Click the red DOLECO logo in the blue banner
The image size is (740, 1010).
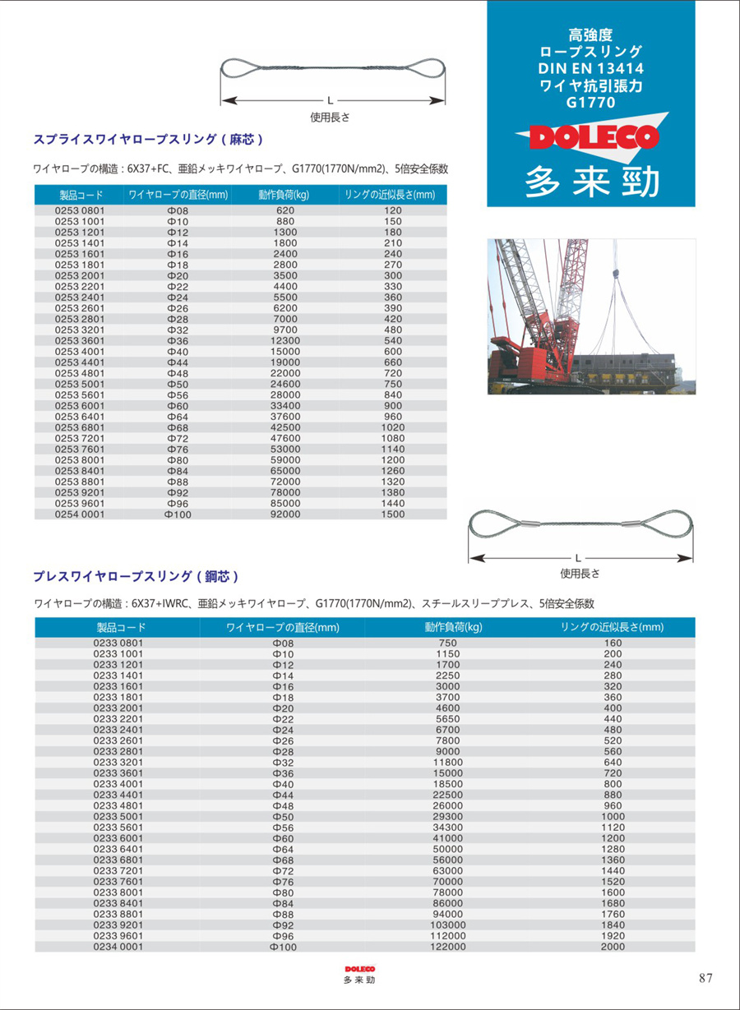coord(589,137)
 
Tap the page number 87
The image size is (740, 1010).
coord(705,978)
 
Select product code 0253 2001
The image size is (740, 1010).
coord(80,275)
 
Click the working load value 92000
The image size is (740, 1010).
coord(286,514)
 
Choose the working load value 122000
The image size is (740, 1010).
coord(448,947)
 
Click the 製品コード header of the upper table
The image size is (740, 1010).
coord(80,195)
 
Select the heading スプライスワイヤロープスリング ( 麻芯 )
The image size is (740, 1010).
coord(148,139)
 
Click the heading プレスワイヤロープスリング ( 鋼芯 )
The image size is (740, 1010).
coord(136,576)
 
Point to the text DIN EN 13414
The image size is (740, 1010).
coord(590,68)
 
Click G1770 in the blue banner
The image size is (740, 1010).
coord(590,103)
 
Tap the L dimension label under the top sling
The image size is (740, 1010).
coord(330,100)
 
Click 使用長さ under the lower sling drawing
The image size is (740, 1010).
coord(580,574)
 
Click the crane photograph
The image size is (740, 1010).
coord(591,316)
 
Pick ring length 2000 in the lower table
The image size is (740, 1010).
coord(613,947)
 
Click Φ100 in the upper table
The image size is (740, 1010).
coord(177,514)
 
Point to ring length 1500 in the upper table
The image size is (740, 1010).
coord(393,514)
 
